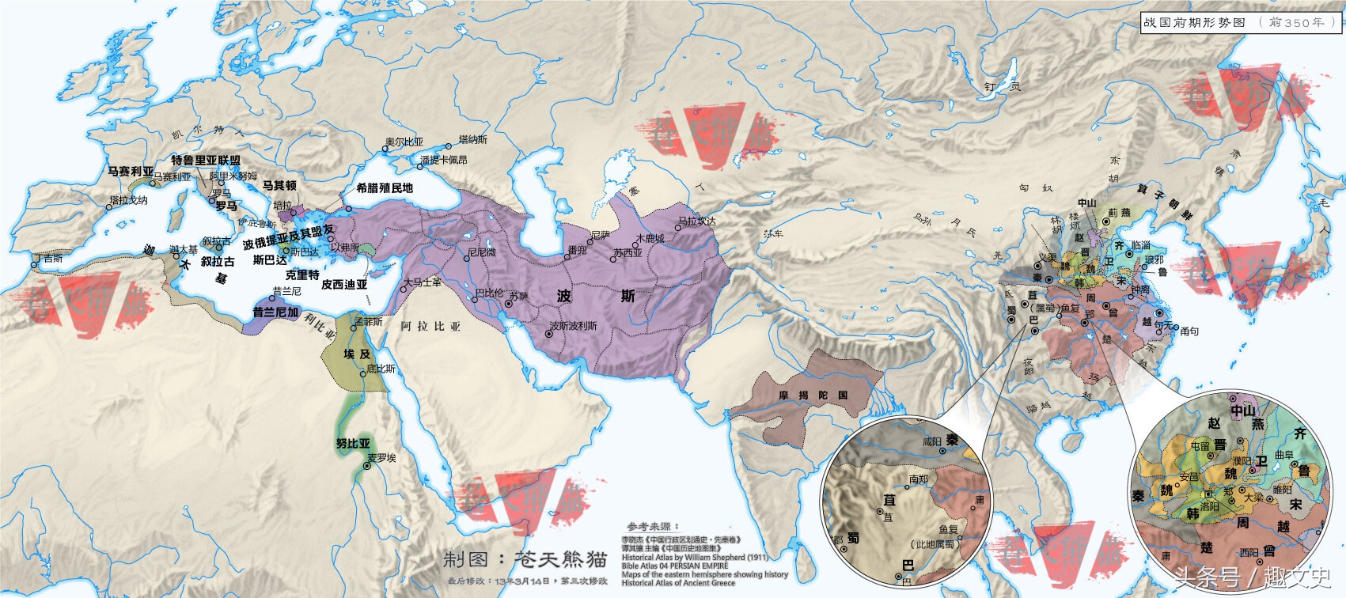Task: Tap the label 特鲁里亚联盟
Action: (206, 160)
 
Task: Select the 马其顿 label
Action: (279, 185)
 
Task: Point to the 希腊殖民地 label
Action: (385, 188)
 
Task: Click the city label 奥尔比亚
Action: (404, 142)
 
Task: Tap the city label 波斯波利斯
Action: (574, 326)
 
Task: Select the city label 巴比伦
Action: (489, 293)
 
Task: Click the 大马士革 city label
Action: (423, 282)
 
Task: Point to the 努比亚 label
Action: (353, 444)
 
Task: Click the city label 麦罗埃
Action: (381, 458)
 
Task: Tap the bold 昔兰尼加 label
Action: (275, 312)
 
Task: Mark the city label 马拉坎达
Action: (696, 221)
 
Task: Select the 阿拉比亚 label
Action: (430, 326)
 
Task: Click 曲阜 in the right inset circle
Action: (1283, 455)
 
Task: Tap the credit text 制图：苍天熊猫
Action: (525, 560)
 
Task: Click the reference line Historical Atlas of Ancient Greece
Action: (678, 583)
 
